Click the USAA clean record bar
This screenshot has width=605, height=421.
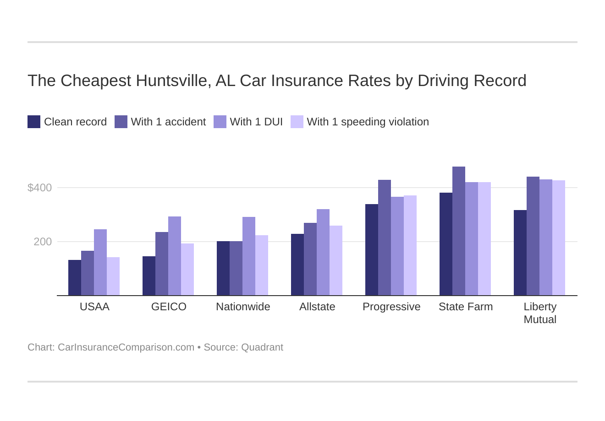point(75,278)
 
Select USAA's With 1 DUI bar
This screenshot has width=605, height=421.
point(100,262)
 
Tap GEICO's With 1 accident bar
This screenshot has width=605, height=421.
point(162,264)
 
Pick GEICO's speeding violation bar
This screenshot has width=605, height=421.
point(187,270)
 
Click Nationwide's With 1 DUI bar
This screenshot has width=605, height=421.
point(249,256)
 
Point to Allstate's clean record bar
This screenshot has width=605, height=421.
point(297,264)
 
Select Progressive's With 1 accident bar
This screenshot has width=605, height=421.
point(385,237)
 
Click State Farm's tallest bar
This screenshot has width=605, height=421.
point(459,231)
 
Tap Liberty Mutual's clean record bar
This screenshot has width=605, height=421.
point(520,253)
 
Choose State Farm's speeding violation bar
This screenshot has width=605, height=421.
point(484,239)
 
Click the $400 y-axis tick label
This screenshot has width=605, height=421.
point(40,188)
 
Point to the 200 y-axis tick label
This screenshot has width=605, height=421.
point(43,242)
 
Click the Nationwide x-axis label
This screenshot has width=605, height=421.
point(243,307)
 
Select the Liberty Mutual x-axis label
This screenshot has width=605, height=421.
point(540,313)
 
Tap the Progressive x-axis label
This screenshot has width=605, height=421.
point(391,307)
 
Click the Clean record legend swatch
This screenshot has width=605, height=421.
point(34,122)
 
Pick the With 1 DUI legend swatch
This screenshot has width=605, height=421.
point(220,122)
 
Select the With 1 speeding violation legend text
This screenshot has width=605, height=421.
point(368,122)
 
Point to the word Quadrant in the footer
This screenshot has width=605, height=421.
point(262,347)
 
